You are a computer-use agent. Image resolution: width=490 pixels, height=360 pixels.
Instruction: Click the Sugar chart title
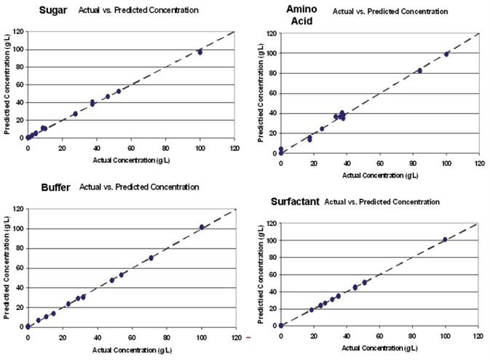click(x=52, y=12)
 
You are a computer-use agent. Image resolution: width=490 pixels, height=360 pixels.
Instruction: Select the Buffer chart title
click(x=55, y=187)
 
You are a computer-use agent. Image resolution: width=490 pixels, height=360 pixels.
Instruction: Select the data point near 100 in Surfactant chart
click(x=445, y=239)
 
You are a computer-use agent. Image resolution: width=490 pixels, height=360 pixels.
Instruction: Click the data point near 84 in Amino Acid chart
click(x=420, y=71)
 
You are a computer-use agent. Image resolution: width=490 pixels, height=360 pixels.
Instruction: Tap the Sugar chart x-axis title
click(x=131, y=158)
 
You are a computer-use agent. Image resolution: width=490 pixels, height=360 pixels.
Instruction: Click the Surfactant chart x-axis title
click(x=379, y=346)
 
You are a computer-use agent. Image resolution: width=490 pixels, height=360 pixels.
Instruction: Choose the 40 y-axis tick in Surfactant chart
click(x=270, y=291)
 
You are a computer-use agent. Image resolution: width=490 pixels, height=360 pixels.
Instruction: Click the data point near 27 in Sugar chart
click(x=75, y=114)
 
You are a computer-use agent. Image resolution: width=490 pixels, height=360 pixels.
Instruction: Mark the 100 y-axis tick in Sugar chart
click(x=17, y=50)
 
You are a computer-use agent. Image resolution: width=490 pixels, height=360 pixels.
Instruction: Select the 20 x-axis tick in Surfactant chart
click(x=313, y=336)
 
